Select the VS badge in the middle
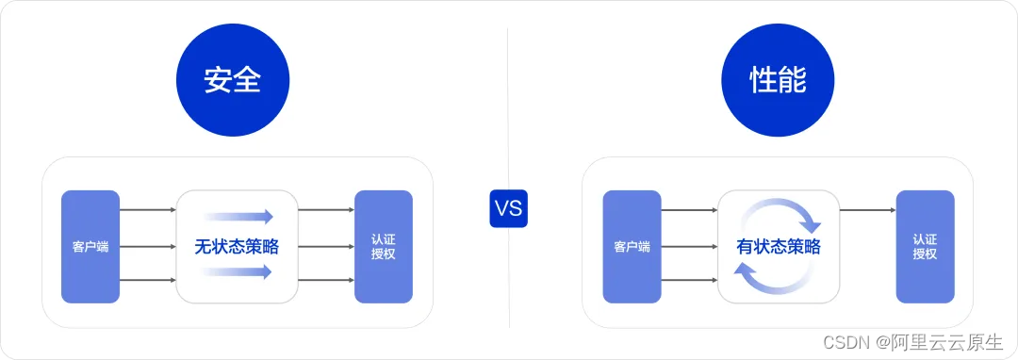tap(508, 209)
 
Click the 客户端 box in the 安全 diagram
tap(90, 247)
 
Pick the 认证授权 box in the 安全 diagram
tap(384, 247)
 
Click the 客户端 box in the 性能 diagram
tap(632, 247)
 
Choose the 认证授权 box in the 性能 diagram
tap(925, 247)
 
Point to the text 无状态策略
tap(237, 248)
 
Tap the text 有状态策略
tap(778, 248)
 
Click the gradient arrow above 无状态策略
tap(238, 217)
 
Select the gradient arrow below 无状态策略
tap(238, 272)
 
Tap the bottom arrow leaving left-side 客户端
tap(148, 280)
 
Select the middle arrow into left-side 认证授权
tap(325, 247)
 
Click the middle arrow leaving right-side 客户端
tap(689, 247)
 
